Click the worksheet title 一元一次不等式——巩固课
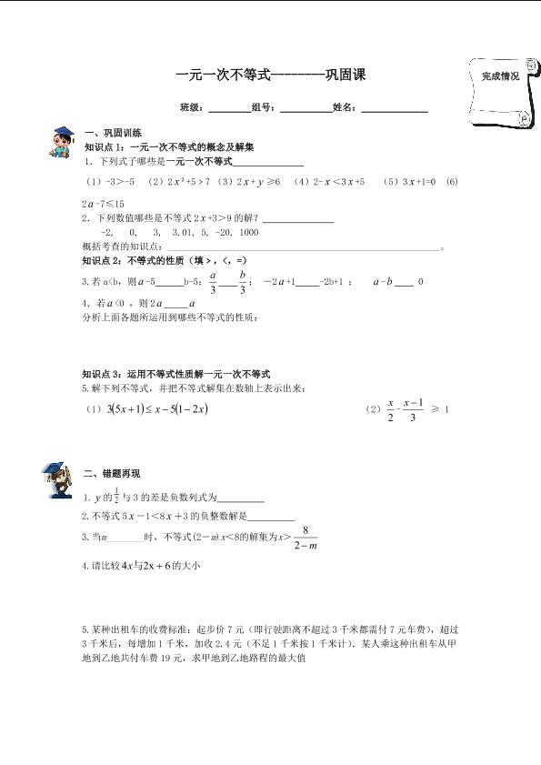pyautogui.click(x=270, y=76)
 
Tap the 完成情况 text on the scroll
pyautogui.click(x=500, y=77)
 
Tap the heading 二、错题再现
pyautogui.click(x=111, y=474)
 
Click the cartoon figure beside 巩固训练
pyautogui.click(x=61, y=142)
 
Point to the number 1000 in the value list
pyautogui.click(x=245, y=232)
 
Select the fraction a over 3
pyautogui.click(x=213, y=282)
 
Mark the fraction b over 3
pyautogui.click(x=243, y=282)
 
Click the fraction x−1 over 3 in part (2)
pyautogui.click(x=412, y=410)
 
